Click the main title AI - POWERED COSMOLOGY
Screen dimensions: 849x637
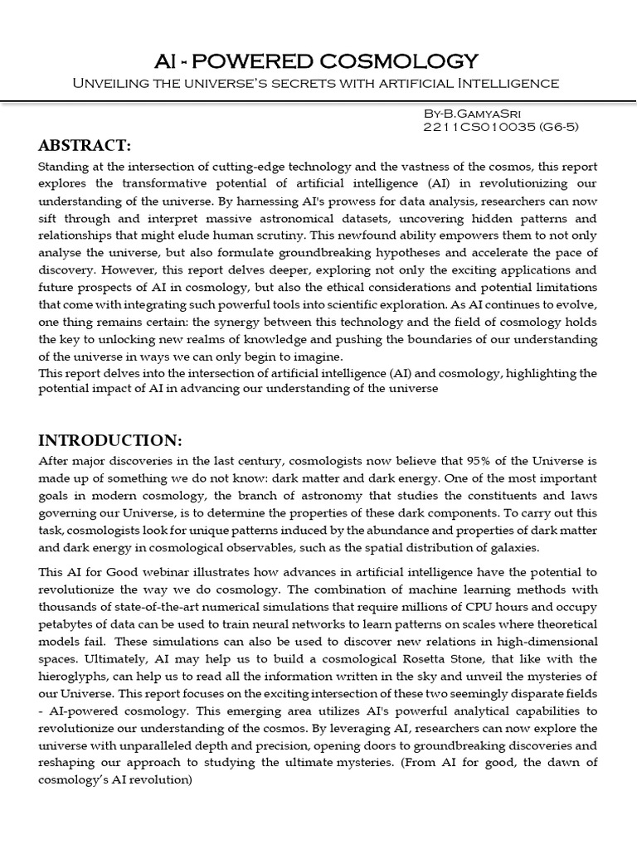pos(318,61)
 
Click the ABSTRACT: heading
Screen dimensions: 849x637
pos(85,146)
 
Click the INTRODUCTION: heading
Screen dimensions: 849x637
pos(109,439)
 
